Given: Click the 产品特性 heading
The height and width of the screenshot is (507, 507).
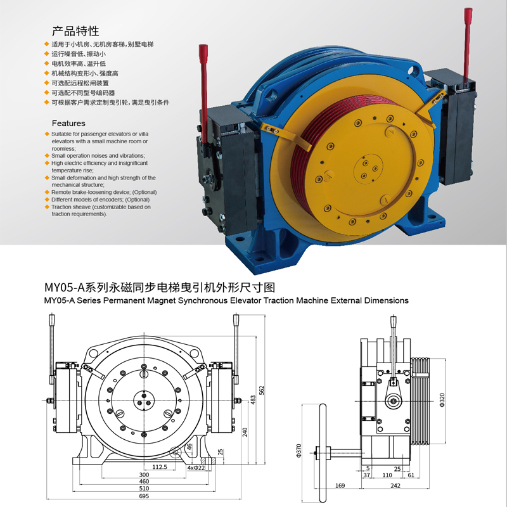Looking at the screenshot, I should pos(75,31).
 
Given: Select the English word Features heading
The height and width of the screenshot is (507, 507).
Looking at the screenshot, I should pos(68,123).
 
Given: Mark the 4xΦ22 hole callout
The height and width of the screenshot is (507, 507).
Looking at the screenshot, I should pos(196,467).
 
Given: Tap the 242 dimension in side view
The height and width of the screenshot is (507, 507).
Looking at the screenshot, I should pos(396,486).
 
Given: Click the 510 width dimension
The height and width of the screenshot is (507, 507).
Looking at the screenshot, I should pos(144,489).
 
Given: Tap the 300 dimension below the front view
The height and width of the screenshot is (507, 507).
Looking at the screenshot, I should pos(144,474).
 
